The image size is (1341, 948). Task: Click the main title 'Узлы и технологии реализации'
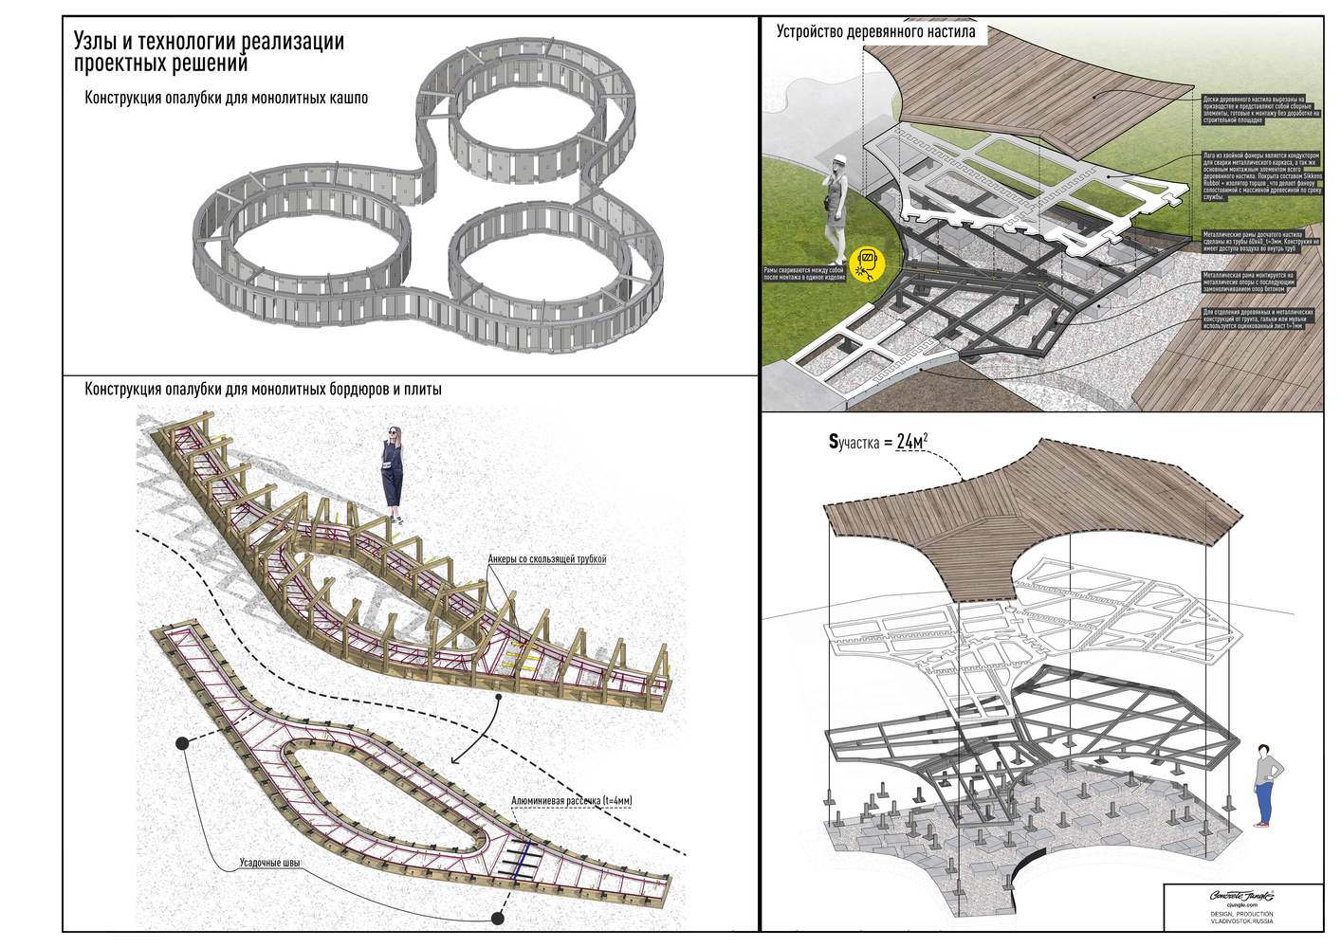click(x=209, y=42)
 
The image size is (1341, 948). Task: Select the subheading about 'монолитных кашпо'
click(x=226, y=98)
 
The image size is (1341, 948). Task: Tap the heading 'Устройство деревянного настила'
click(x=875, y=31)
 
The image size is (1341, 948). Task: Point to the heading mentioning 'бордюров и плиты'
click(x=263, y=389)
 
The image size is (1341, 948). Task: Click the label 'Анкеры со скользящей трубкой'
click(x=547, y=559)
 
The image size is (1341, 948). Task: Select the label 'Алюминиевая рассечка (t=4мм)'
click(x=571, y=801)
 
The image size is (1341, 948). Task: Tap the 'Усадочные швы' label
click(x=269, y=863)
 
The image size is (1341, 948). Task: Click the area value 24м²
click(x=911, y=442)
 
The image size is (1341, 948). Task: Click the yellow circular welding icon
click(x=867, y=264)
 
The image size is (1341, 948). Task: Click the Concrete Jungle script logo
click(x=1241, y=895)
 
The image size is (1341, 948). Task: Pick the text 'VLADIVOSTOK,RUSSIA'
click(x=1241, y=921)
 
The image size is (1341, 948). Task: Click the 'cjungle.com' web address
click(x=1241, y=905)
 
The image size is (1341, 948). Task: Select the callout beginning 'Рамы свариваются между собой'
click(x=804, y=274)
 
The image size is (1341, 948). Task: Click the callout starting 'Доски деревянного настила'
click(x=1259, y=109)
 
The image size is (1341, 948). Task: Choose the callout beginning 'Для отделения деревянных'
click(x=1258, y=319)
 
